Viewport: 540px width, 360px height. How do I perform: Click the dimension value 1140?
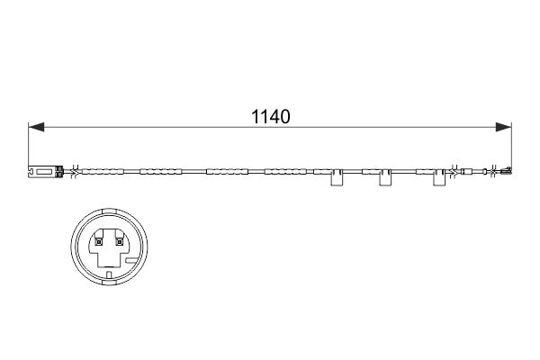(271, 116)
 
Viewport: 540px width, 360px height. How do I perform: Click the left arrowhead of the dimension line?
(36, 127)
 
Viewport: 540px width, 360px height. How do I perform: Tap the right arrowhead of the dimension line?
(503, 127)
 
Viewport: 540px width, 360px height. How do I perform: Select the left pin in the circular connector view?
(99, 242)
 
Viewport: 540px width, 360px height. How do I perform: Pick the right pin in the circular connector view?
(119, 242)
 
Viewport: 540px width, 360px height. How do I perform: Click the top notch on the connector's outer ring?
(109, 211)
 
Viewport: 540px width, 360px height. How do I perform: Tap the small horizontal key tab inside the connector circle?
(132, 260)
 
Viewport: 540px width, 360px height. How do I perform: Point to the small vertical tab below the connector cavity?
(109, 274)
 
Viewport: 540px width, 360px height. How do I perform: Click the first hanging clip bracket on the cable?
(337, 177)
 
